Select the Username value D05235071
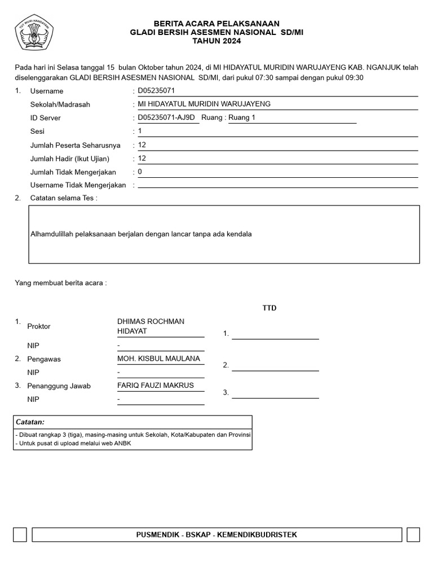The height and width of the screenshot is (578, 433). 157,90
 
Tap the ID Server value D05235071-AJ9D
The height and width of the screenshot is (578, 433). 166,117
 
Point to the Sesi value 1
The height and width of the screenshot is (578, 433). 140,131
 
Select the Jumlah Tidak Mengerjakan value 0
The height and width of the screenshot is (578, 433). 140,172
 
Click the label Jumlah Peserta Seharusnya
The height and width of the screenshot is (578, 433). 75,145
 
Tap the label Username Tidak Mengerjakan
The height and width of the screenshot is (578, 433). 78,185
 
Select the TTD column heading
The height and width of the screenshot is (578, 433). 269,308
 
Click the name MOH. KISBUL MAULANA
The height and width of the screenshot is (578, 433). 158,359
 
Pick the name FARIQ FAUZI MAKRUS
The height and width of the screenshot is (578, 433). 155,386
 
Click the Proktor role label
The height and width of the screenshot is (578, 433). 39,326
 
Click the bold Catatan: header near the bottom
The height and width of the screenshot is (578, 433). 30,422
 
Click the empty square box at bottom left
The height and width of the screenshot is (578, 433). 20,535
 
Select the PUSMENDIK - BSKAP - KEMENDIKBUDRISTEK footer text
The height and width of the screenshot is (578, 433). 216,535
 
